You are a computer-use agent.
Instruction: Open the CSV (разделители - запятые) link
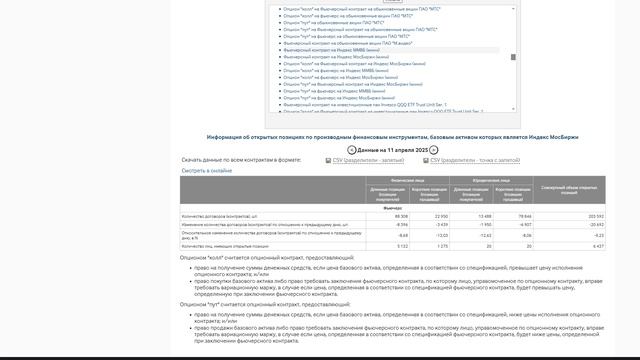[368, 160]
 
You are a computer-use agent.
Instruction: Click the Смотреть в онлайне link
[207, 170]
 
